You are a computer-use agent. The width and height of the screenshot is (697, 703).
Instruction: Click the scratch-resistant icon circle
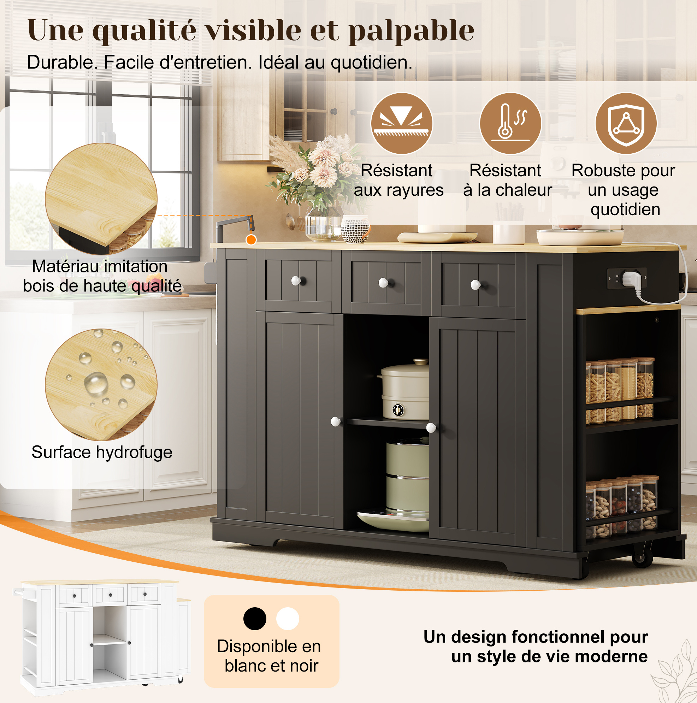(401, 123)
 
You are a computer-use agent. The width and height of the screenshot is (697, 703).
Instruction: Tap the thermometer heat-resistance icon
(510, 123)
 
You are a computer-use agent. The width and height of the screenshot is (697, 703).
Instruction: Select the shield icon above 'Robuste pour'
(626, 123)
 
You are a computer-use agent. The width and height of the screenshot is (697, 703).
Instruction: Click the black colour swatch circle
(255, 619)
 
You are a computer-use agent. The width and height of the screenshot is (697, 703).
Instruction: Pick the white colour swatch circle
(288, 619)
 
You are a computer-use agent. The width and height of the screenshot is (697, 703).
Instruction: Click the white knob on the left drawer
(296, 280)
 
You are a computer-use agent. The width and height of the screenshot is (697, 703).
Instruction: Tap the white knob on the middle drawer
(384, 282)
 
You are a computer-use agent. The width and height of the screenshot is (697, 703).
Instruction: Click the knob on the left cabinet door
(336, 422)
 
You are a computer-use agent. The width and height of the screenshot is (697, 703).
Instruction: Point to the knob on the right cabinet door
(431, 427)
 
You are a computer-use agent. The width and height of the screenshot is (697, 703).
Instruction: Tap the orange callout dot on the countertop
(251, 240)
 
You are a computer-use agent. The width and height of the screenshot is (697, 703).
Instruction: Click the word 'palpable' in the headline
(411, 31)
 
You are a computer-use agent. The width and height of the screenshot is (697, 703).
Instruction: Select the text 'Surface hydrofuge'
(102, 452)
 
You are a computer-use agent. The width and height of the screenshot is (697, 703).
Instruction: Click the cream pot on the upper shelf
(404, 389)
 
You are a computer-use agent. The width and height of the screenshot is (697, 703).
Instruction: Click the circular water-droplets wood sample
(101, 385)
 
